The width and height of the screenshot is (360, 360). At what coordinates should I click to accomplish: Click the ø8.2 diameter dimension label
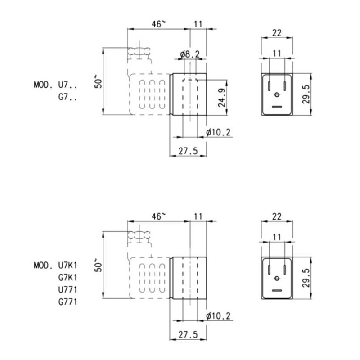click(x=189, y=54)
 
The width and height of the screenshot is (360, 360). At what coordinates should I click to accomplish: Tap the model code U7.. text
click(x=68, y=84)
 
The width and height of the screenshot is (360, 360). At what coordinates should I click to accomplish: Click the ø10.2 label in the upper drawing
click(x=218, y=132)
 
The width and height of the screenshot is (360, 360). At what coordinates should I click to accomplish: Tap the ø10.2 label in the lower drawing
click(x=218, y=316)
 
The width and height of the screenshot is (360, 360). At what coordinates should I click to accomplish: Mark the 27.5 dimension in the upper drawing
click(x=188, y=151)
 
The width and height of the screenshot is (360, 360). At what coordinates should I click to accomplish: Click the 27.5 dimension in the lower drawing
click(x=188, y=335)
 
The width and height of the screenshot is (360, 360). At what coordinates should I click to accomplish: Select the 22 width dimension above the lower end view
click(x=277, y=216)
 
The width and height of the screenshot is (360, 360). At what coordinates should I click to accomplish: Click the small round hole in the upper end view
click(x=277, y=94)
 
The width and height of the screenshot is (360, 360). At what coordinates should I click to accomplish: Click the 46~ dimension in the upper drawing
click(x=158, y=24)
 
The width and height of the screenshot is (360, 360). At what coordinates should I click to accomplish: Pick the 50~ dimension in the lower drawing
click(x=99, y=265)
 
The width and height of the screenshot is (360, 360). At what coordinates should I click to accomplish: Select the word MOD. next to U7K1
click(x=44, y=265)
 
